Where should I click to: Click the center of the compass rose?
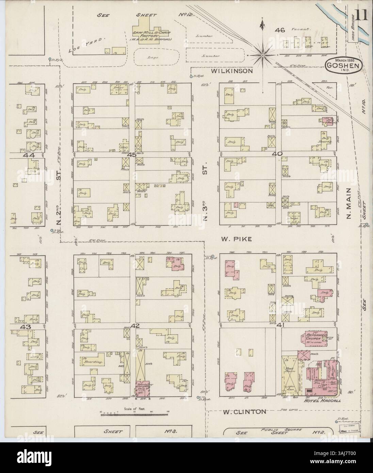[x=263, y=55]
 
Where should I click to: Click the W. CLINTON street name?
[x=244, y=411]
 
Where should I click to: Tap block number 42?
[x=135, y=326]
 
